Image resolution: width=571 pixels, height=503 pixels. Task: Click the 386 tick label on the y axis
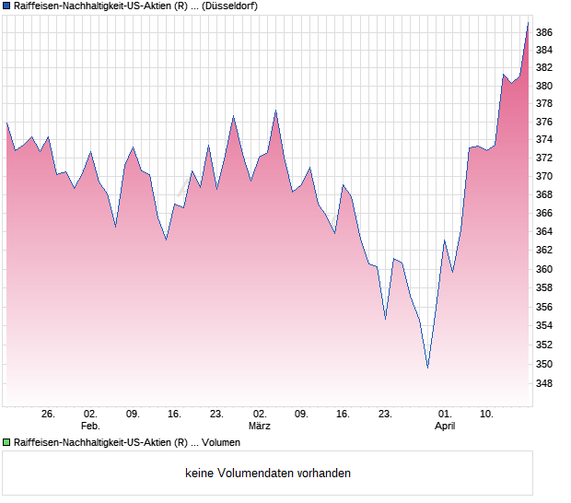point(544,32)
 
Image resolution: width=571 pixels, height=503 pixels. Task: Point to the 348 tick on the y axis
point(544,383)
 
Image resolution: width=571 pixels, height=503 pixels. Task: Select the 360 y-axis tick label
point(544,269)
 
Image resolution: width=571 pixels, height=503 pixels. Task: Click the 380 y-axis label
point(544,86)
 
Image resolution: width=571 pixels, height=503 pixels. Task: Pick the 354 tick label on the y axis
point(544,325)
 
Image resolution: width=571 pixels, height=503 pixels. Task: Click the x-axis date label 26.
point(49,414)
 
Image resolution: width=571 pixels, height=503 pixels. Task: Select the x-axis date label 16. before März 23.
point(343,414)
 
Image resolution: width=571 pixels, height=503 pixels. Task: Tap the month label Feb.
point(90,426)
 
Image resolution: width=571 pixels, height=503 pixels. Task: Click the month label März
point(260,426)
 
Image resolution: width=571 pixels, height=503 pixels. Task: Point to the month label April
point(445,426)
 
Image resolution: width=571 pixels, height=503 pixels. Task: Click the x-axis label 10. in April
point(487,414)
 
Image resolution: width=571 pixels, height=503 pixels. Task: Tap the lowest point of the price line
point(427,368)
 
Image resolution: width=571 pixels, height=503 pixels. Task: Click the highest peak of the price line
point(528,23)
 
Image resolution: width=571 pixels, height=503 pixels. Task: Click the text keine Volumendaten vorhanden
point(268,474)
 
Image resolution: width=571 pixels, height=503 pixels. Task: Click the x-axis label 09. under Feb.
point(133,414)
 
